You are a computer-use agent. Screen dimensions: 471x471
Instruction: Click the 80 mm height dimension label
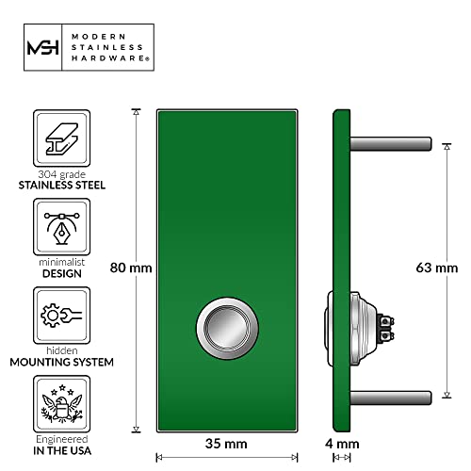pos(131,268)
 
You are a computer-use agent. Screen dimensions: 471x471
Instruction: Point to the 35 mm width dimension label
pos(226,441)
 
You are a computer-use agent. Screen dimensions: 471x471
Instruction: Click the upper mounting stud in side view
pos(391,144)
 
